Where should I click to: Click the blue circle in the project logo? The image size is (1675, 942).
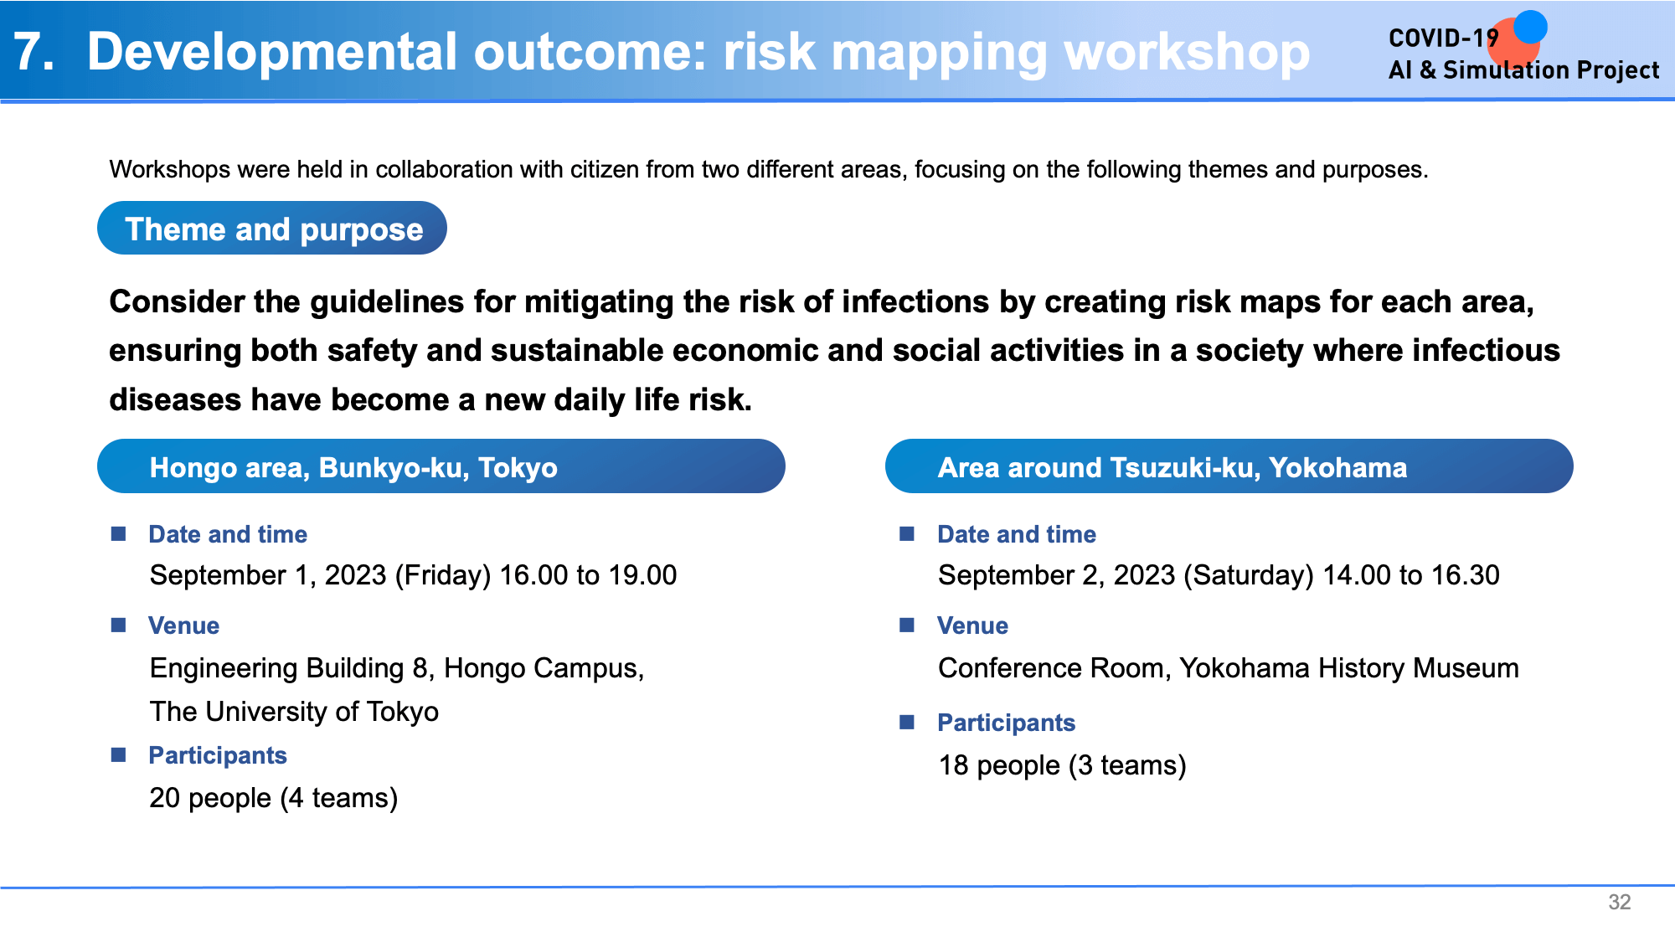(1530, 27)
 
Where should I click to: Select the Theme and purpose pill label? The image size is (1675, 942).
(273, 229)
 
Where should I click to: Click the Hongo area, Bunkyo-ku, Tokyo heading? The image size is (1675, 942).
(353, 467)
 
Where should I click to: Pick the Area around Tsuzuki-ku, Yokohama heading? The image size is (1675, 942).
(1172, 467)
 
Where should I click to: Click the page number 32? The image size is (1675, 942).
(1619, 902)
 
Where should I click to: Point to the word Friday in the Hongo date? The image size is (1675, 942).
(443, 576)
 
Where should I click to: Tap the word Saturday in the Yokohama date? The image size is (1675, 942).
(1249, 576)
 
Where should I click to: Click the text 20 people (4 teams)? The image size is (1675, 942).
(274, 798)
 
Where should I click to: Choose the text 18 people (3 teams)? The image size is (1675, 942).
(1062, 765)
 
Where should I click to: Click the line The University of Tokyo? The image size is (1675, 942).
(294, 712)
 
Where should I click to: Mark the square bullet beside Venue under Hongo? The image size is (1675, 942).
(119, 625)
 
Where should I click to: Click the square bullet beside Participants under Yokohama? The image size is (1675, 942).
(907, 722)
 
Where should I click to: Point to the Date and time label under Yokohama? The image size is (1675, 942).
(1017, 534)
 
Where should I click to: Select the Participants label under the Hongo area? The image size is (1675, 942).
(218, 755)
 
